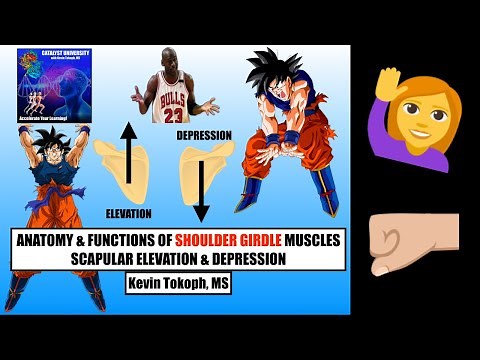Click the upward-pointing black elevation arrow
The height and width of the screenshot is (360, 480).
click(x=128, y=154)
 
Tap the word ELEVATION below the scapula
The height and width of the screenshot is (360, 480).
click(x=127, y=213)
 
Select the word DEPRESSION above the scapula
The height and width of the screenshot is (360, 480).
click(x=204, y=133)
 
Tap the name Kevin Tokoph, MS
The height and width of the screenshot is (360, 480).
click(x=177, y=284)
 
